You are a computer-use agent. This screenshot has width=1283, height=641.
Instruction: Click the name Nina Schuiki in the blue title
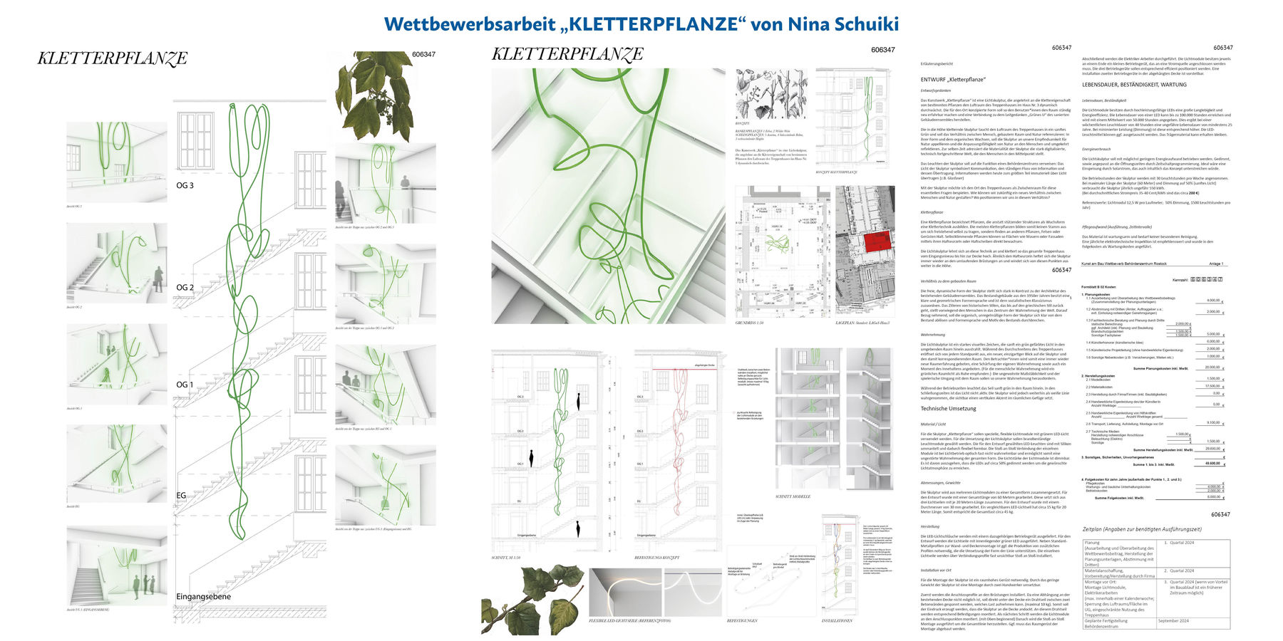click(843, 24)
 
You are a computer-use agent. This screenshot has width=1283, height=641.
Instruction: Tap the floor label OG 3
click(185, 185)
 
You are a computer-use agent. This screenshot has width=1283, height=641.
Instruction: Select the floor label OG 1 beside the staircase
click(185, 385)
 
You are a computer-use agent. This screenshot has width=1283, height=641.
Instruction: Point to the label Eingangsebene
click(203, 596)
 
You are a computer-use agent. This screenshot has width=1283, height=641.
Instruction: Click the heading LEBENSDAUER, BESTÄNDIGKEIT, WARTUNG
click(1134, 85)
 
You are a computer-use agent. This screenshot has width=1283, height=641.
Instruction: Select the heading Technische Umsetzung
click(948, 409)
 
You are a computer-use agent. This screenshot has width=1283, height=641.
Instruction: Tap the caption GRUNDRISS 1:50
click(749, 323)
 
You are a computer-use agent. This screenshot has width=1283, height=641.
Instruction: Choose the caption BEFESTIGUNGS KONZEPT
click(656, 558)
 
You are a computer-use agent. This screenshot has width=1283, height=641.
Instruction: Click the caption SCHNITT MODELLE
click(793, 496)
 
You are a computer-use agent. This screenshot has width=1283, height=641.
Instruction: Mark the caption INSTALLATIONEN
click(837, 620)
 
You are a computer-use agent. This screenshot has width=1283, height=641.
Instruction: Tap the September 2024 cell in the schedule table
click(1173, 621)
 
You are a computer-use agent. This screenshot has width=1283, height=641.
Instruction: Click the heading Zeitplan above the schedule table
click(1141, 529)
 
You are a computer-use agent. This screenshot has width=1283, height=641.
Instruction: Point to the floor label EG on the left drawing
click(181, 495)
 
